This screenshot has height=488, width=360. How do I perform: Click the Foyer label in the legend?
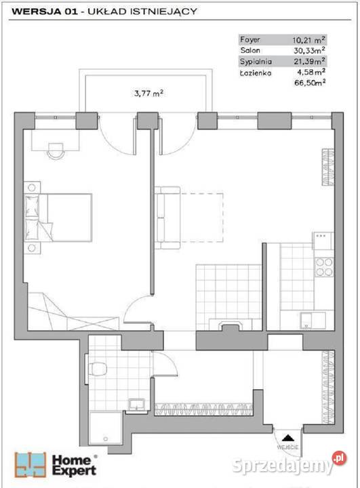point(249,40)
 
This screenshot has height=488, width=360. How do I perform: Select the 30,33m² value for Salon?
point(310,50)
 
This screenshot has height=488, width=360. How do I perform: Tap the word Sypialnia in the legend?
point(256,62)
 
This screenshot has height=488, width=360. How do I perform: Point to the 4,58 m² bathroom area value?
point(311,72)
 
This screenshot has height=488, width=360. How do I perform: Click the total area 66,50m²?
point(310,83)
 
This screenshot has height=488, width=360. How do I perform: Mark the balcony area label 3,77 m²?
point(149,93)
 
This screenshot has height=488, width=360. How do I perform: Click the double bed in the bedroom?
point(58,218)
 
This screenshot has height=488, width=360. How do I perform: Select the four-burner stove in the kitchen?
point(324,267)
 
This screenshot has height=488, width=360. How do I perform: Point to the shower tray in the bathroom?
point(105,428)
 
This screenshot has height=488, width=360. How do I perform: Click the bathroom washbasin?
point(136,405)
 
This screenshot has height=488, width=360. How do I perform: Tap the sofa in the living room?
point(167,218)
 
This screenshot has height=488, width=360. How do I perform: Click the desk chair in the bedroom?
point(56,151)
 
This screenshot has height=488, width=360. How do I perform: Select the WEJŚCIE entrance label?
point(287,447)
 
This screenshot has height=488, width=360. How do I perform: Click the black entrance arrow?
point(287,438)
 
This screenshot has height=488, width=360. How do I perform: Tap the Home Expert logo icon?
point(31,465)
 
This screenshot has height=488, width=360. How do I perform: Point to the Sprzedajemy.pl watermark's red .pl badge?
point(339,458)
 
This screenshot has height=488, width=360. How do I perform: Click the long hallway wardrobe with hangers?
point(203,409)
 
